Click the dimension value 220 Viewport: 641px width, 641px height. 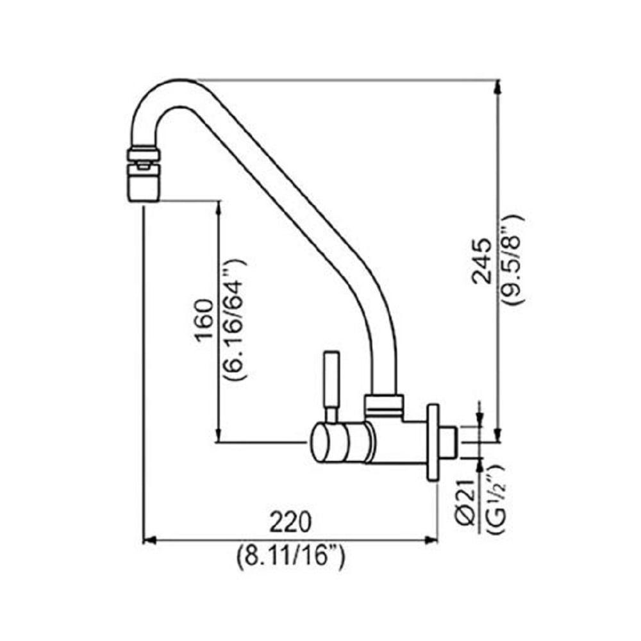[x=290, y=522]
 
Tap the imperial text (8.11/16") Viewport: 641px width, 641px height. [x=290, y=555]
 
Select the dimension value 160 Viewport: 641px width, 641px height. [x=204, y=320]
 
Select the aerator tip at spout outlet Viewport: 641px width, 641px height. [x=143, y=182]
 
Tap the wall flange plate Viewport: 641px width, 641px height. [x=433, y=442]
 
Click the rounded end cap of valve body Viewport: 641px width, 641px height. [x=319, y=443]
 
